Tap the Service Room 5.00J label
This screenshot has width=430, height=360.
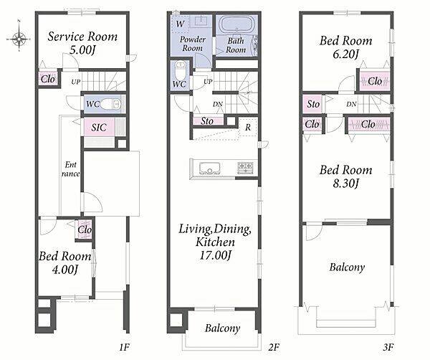tap(82, 43)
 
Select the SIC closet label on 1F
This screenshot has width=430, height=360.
tap(99, 128)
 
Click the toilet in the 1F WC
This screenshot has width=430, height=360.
tap(110, 104)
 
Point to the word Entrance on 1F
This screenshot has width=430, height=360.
tap(71, 169)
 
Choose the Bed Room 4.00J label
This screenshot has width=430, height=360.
tap(64, 262)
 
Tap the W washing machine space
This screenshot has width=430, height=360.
tap(180, 24)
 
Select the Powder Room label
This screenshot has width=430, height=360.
tap(193, 44)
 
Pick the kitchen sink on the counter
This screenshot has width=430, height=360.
tap(210, 168)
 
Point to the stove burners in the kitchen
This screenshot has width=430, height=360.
tap(245, 167)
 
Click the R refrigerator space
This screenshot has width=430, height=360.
tap(248, 128)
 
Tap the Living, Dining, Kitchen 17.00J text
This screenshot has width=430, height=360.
tap(215, 242)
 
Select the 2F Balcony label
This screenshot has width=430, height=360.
tap(222, 328)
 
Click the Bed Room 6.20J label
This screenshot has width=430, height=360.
tap(346, 47)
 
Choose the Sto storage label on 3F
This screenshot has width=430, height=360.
tap(313, 104)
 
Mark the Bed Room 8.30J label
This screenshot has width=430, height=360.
tap(346, 176)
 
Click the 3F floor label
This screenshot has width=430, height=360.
tap(388, 347)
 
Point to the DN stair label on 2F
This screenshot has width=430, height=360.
tap(217, 104)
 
